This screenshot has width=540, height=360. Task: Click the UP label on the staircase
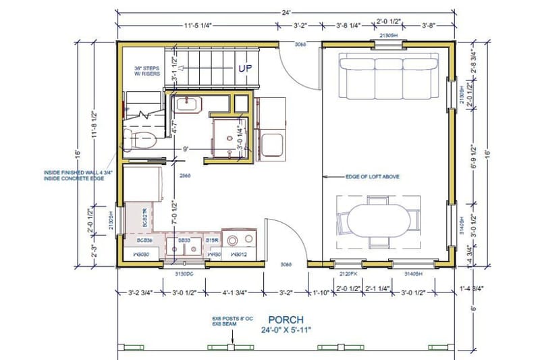coord(244,68)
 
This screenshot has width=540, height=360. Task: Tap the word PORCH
coord(286,319)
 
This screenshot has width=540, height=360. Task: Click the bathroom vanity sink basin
coord(185,104)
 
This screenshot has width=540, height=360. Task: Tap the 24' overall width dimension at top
coord(286,11)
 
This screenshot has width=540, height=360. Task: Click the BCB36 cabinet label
coord(144,240)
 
